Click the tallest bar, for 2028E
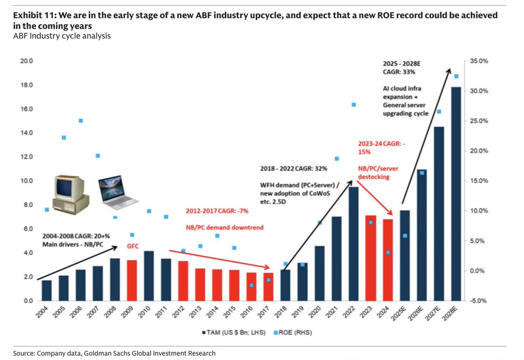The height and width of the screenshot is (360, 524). pyautogui.click(x=456, y=194)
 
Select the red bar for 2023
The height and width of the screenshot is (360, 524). pyautogui.click(x=371, y=258)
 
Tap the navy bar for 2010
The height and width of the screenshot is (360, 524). pyautogui.click(x=149, y=276)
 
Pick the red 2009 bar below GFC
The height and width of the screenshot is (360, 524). pyautogui.click(x=132, y=281)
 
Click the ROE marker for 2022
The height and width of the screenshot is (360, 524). pyautogui.click(x=354, y=105)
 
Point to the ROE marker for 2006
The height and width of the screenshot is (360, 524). pyautogui.click(x=81, y=120)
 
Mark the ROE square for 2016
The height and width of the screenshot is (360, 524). pyautogui.click(x=252, y=285)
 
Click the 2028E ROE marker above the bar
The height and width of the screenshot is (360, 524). pyautogui.click(x=456, y=76)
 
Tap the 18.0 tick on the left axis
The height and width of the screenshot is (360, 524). pyautogui.click(x=27, y=85)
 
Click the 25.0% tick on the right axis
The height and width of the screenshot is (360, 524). pyautogui.click(x=479, y=121)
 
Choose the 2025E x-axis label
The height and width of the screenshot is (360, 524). pyautogui.click(x=398, y=313)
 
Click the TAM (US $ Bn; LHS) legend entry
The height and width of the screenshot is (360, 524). pyautogui.click(x=234, y=333)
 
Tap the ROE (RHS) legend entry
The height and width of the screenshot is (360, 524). pyautogui.click(x=293, y=333)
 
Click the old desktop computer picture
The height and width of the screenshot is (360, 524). pyautogui.click(x=70, y=195)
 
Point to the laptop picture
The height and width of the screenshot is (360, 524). pyautogui.click(x=117, y=192)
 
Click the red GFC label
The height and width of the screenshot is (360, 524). pyautogui.click(x=133, y=246)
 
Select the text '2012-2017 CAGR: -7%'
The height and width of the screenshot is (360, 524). pyautogui.click(x=217, y=211)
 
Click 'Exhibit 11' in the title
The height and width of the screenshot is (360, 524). pyautogui.click(x=34, y=15)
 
